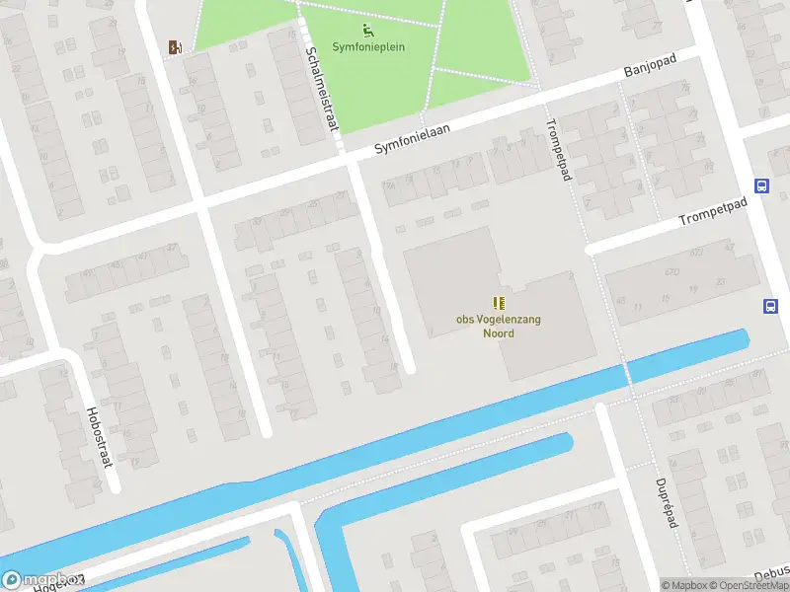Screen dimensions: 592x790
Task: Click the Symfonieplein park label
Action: point(368,46)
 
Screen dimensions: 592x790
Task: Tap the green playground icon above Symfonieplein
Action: point(368,30)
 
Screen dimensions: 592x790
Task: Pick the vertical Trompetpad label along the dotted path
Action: point(558,150)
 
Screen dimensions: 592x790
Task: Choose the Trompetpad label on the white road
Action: point(714,210)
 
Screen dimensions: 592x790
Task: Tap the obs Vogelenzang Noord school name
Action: point(498,327)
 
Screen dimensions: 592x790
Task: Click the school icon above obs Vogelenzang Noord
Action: point(499,303)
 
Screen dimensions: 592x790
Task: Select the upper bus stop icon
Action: point(761,185)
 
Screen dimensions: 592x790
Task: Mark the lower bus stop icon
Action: point(770,306)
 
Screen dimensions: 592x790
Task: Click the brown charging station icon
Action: point(175,46)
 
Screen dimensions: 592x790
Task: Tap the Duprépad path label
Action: point(666,503)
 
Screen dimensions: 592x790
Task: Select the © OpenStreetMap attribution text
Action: point(748,585)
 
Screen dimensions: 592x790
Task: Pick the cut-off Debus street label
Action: point(770,575)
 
